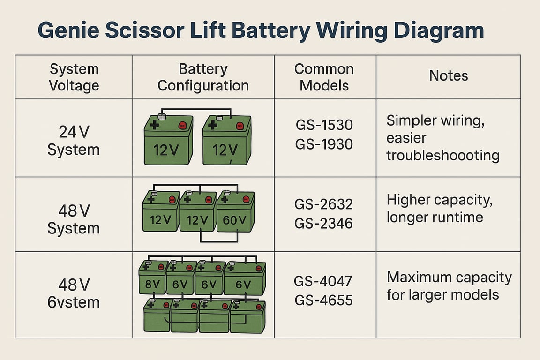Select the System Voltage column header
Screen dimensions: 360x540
tap(74, 77)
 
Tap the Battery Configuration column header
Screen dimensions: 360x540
tap(203, 77)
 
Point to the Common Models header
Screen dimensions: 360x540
tap(324, 77)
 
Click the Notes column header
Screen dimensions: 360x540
tap(448, 75)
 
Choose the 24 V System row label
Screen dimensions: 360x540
tap(74, 141)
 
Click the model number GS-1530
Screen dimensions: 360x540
tap(324, 126)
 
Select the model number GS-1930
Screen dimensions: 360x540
tap(324, 144)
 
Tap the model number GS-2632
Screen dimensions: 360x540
tap(324, 204)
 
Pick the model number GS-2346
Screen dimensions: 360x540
tap(324, 223)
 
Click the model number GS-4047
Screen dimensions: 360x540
tap(324, 281)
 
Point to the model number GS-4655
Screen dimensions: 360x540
tap(324, 300)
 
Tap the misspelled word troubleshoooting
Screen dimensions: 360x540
tap(442, 155)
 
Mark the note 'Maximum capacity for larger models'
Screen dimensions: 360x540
tap(449, 285)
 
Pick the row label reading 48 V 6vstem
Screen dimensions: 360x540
tap(74, 293)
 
